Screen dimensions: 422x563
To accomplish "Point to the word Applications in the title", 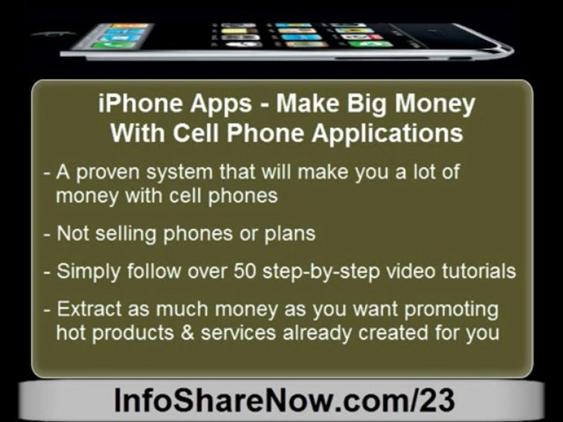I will [387, 134].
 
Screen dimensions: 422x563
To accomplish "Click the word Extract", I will [89, 309].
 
